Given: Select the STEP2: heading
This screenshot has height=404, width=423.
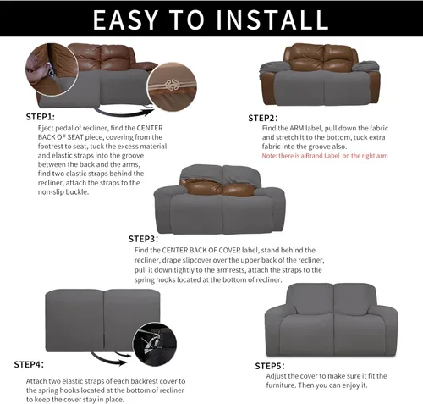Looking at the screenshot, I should coord(263,117).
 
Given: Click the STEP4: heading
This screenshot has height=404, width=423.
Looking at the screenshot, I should coord(29,364).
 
